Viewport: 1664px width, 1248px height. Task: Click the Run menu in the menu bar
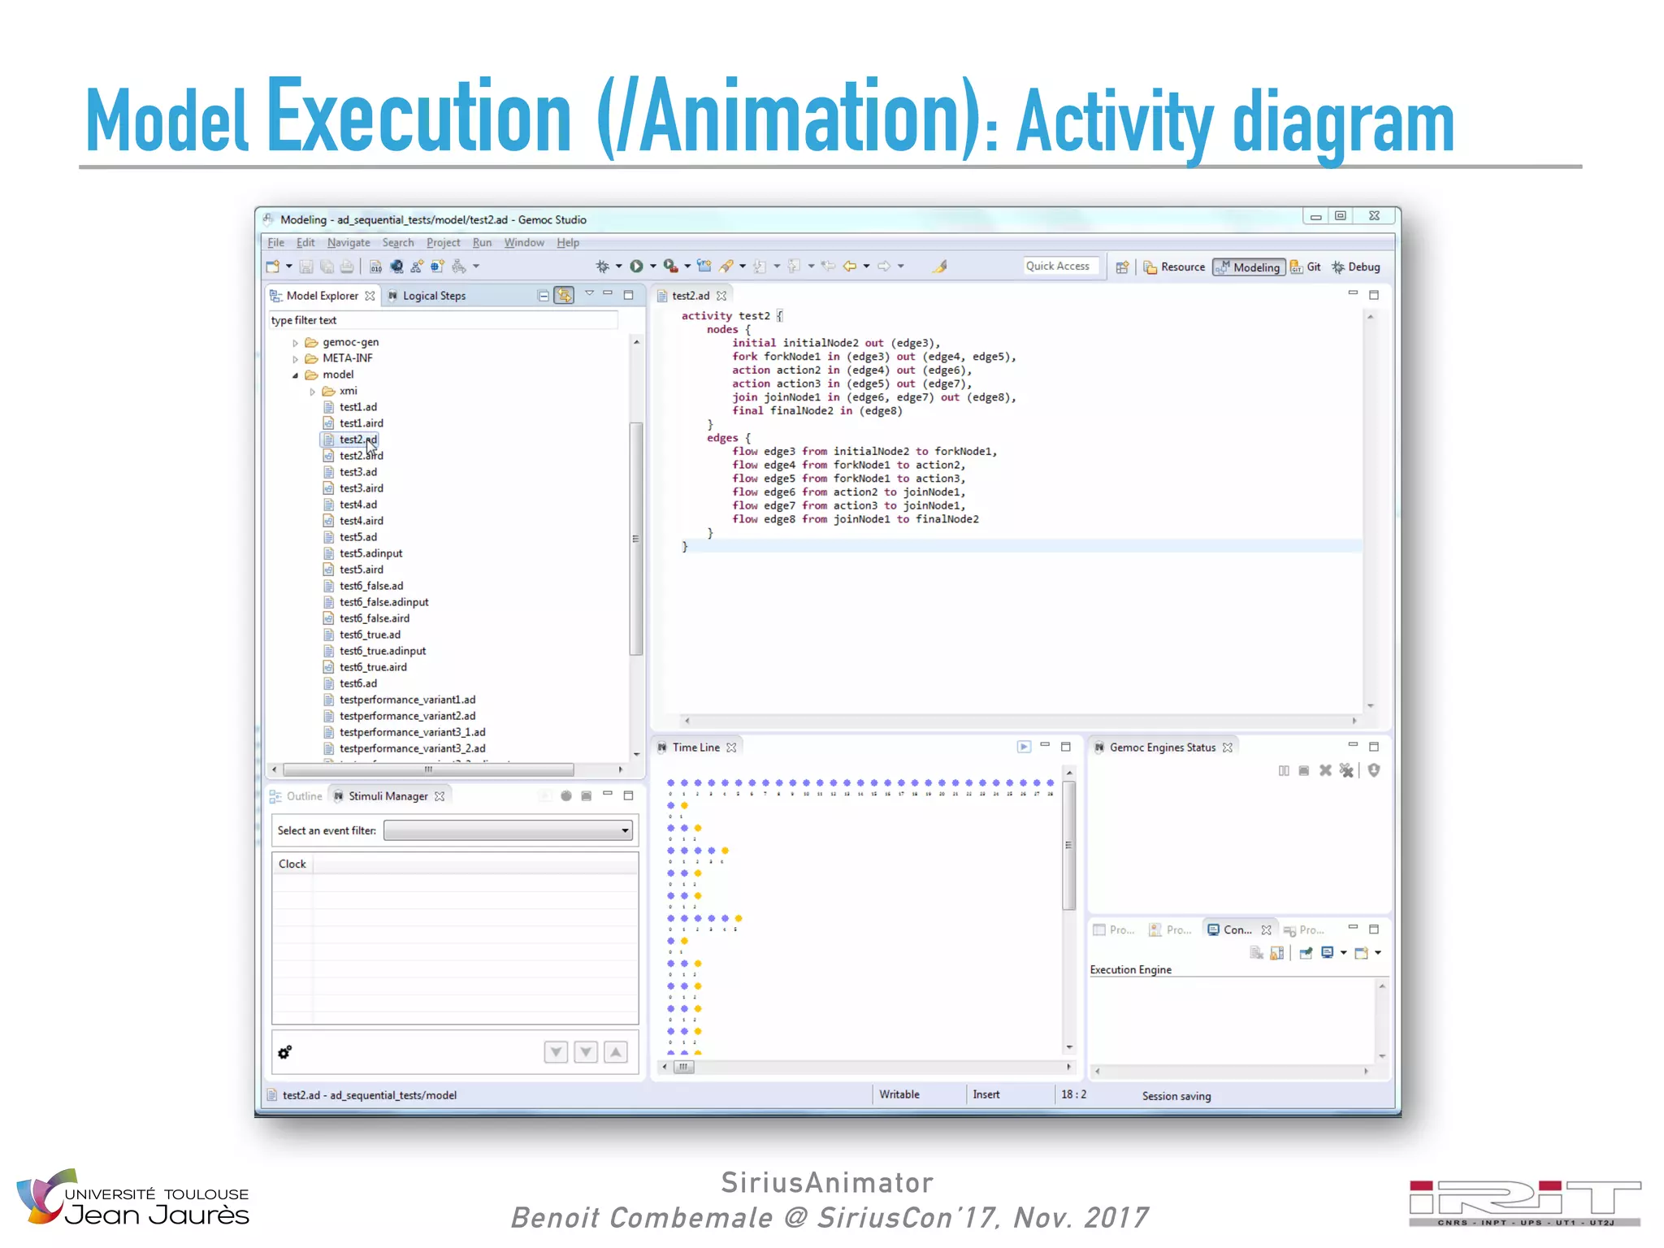point(482,243)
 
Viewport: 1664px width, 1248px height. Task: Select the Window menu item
point(524,243)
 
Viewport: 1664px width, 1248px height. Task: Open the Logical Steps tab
point(433,296)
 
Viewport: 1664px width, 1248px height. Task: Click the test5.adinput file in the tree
point(370,553)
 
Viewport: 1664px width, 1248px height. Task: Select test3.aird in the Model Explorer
point(361,488)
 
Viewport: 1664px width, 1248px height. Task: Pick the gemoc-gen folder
point(350,342)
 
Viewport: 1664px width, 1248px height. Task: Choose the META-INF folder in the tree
point(347,358)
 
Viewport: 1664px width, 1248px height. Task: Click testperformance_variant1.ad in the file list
point(407,700)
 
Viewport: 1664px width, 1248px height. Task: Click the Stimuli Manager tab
point(388,796)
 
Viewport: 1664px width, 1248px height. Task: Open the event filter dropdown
point(509,830)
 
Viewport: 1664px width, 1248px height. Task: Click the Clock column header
point(292,864)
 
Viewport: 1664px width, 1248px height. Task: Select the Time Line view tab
point(695,747)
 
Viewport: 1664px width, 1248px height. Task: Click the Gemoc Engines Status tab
point(1162,747)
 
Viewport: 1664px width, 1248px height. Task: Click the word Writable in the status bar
point(899,1094)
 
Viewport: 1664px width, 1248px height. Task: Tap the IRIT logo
point(1524,1202)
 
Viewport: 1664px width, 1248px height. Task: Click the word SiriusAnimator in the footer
point(827,1183)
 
